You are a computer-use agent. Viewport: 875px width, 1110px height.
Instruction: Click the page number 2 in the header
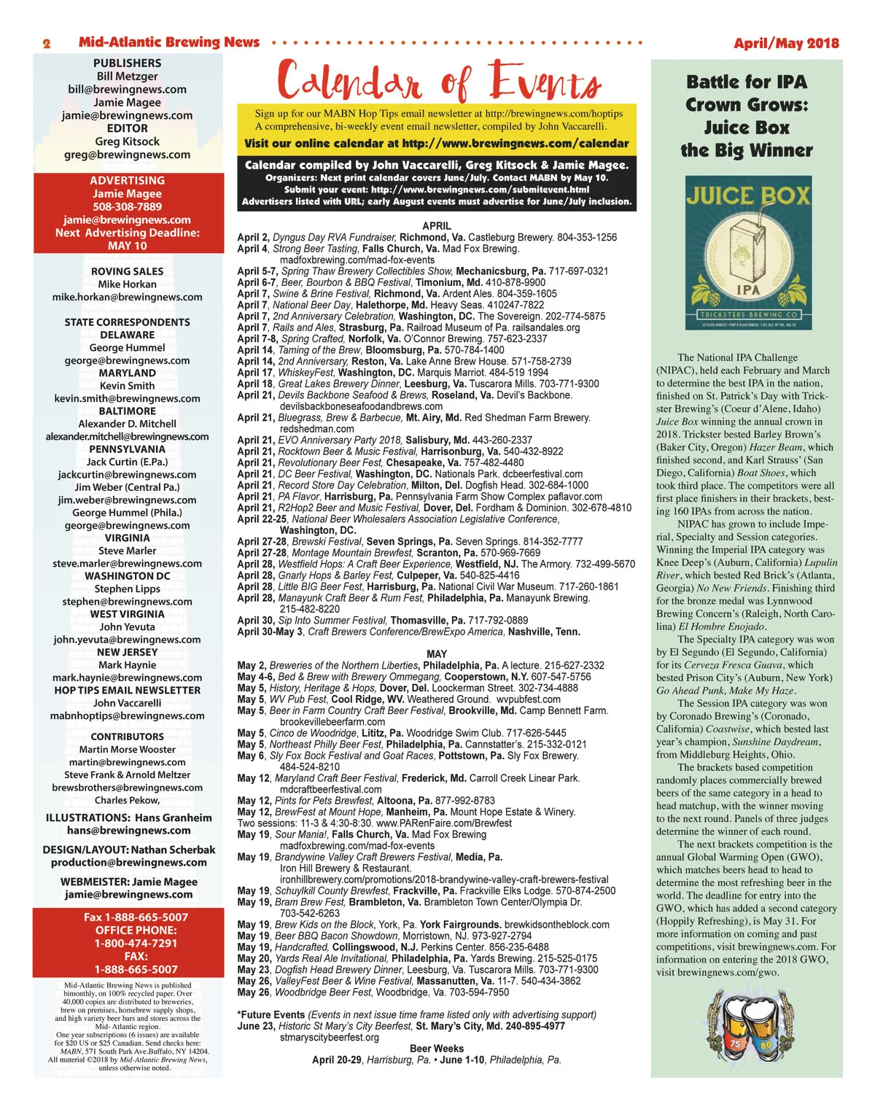click(47, 44)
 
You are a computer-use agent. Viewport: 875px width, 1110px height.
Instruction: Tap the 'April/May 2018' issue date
click(786, 43)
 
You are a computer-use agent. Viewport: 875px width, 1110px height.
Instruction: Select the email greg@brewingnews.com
click(127, 155)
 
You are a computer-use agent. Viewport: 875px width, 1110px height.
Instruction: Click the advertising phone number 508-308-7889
click(127, 206)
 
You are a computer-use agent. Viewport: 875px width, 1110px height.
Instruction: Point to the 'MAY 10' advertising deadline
click(127, 246)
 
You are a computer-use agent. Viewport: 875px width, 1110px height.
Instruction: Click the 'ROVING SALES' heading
click(127, 271)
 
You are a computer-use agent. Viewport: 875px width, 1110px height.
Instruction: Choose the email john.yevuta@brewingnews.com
click(127, 640)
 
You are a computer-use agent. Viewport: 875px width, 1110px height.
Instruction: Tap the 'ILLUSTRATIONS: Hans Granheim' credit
click(128, 818)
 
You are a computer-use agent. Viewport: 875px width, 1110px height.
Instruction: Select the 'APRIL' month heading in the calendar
click(437, 226)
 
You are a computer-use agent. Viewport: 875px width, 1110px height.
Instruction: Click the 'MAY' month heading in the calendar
click(437, 654)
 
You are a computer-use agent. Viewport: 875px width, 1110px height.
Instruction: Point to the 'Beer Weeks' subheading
click(437, 1049)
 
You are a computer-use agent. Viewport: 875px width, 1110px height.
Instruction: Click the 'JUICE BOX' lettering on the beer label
click(747, 195)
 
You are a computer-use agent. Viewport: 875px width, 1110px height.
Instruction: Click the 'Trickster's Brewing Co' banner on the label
click(747, 314)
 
